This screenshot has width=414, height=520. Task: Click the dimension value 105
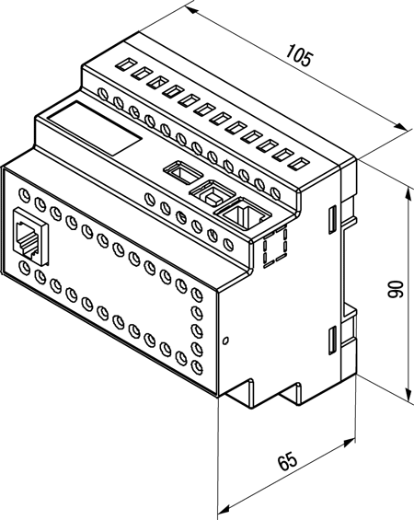(299, 55)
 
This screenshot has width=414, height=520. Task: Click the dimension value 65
(287, 460)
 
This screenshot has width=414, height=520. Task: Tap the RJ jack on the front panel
(30, 237)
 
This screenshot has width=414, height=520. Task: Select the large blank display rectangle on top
(95, 128)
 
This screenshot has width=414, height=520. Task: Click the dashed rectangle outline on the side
(275, 247)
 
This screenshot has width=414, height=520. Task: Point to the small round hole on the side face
(225, 341)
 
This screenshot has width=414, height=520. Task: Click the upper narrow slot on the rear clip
(332, 219)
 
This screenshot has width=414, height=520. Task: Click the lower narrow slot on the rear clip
(332, 341)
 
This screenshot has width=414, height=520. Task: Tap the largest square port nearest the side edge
(243, 214)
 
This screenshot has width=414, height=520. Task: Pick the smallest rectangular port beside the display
(183, 172)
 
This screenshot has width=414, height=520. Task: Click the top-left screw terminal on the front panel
(24, 193)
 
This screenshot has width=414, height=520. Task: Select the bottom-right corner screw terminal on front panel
(197, 366)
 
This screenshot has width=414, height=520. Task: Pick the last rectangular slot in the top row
(299, 163)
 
